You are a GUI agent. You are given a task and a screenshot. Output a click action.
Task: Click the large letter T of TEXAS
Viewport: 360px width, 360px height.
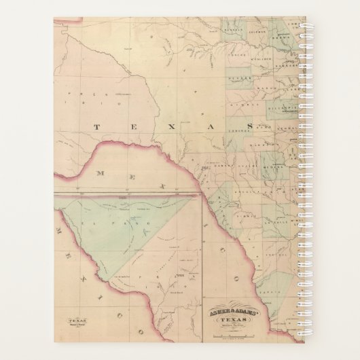[x=98, y=126]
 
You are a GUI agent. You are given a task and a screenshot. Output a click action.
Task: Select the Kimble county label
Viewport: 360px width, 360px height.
[x=240, y=106]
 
